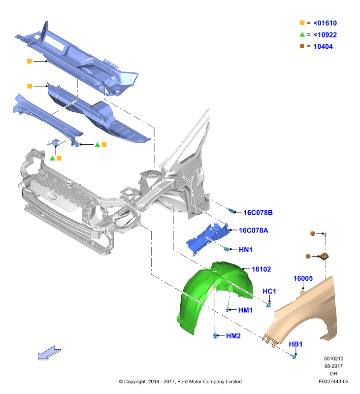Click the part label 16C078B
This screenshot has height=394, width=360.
pos(258,213)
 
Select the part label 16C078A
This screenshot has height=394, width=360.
pos(254,230)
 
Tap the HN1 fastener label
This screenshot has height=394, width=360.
pos(245,250)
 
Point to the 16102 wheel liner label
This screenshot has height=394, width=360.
pos(262,269)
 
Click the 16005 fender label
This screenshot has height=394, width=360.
pos(303,278)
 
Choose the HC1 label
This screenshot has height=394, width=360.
pos(269,291)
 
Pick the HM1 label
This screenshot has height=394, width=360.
pos(245,310)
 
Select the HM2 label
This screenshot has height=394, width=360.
pos(233,336)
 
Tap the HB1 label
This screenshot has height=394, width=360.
pos(295,344)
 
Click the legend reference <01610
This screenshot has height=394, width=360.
pos(325,23)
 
